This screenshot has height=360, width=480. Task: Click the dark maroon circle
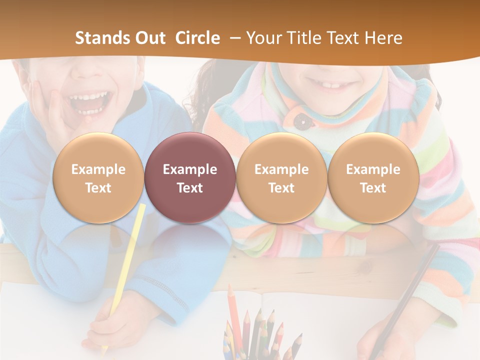(x=190, y=177)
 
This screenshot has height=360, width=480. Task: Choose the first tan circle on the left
(x=98, y=177)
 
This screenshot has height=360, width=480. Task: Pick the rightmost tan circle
(x=373, y=177)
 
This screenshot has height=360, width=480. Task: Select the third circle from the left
(x=281, y=177)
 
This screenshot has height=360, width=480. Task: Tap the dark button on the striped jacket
(x=300, y=120)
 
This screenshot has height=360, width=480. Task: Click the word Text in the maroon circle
(x=190, y=188)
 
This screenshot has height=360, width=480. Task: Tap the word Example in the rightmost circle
(x=373, y=169)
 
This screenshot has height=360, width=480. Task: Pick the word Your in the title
(x=262, y=38)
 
